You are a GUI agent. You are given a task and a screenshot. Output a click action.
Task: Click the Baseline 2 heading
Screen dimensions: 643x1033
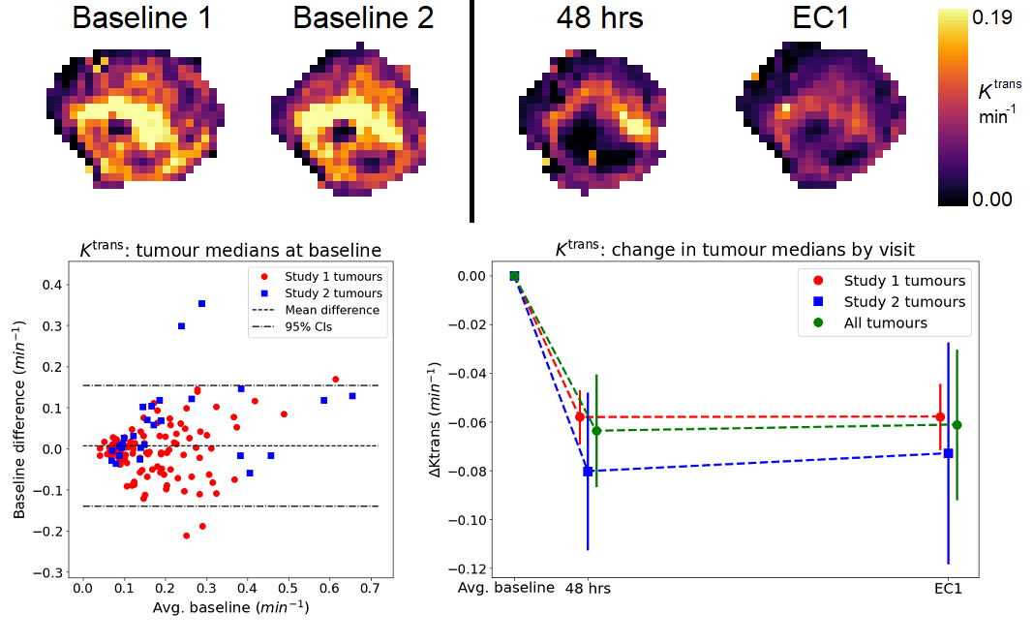coord(363,18)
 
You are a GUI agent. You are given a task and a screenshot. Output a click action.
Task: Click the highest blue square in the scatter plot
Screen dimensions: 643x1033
coord(201,304)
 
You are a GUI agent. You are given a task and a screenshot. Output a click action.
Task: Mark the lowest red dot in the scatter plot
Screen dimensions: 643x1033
coord(186,536)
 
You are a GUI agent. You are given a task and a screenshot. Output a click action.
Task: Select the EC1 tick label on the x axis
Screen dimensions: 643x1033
coord(948,588)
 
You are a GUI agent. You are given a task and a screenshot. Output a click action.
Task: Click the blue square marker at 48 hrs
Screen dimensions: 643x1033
coord(588,472)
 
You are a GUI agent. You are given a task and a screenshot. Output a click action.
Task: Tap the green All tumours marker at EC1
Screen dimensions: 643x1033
coord(957,425)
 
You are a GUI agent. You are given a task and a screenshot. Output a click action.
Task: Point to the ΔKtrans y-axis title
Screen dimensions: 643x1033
coord(434,423)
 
